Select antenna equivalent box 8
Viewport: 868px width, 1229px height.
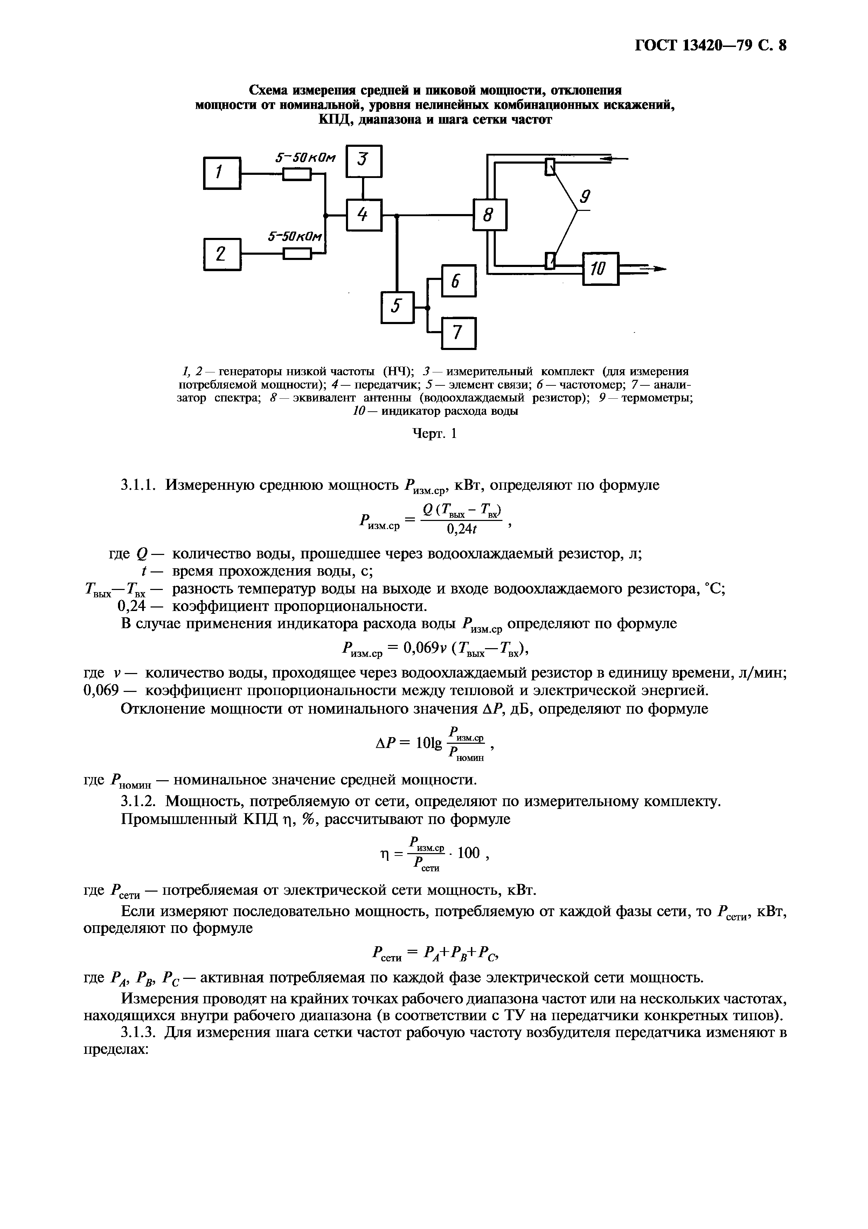point(489,215)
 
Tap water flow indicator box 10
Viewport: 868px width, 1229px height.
point(600,269)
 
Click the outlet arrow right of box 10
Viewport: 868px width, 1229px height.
point(652,269)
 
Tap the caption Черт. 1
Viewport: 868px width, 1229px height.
point(435,434)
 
